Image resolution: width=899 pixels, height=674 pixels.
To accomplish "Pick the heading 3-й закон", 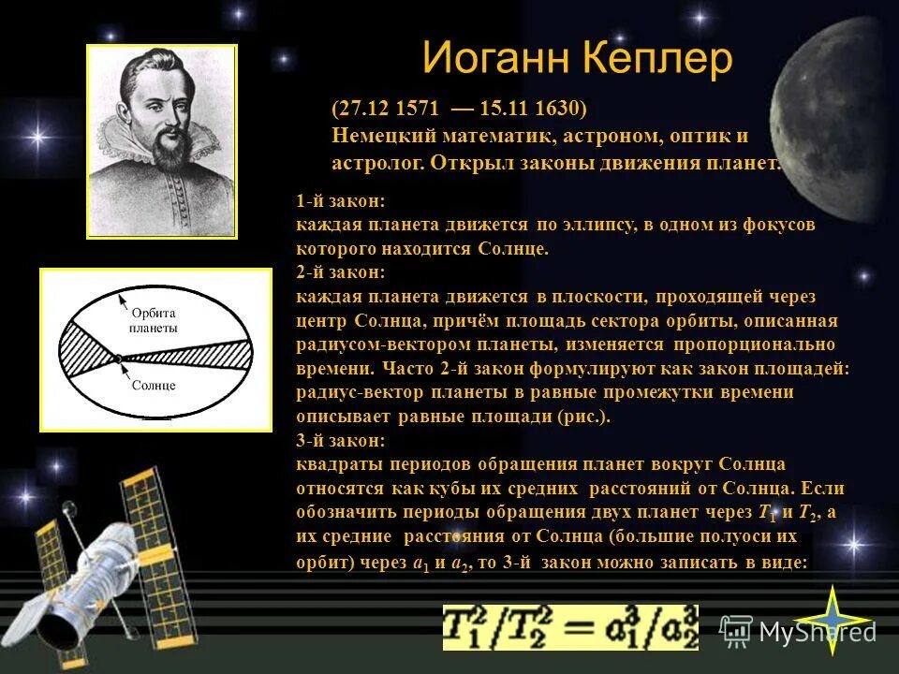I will tap(340, 441).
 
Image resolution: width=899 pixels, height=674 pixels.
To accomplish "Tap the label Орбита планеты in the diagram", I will tap(155, 321).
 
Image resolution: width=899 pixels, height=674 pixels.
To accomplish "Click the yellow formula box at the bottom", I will tap(570, 626).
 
